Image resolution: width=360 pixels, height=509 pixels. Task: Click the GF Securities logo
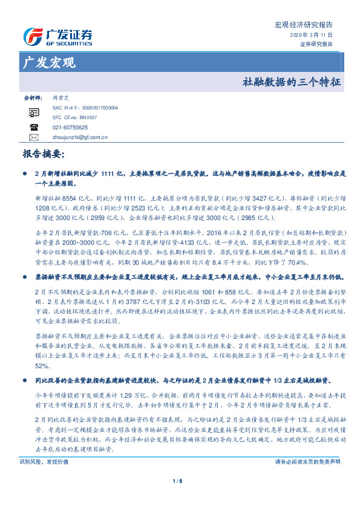57,36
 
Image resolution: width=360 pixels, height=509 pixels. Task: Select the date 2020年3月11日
316,36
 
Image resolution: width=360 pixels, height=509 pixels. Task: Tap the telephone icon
34,127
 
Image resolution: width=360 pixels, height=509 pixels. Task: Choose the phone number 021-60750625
70,128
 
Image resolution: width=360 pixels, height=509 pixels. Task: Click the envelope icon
34,137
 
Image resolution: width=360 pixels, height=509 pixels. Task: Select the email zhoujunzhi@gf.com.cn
80,137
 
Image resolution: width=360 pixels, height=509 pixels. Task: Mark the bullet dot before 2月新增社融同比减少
24,174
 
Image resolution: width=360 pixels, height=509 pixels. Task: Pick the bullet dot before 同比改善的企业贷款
24,380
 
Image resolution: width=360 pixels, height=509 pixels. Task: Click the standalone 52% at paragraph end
42,366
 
